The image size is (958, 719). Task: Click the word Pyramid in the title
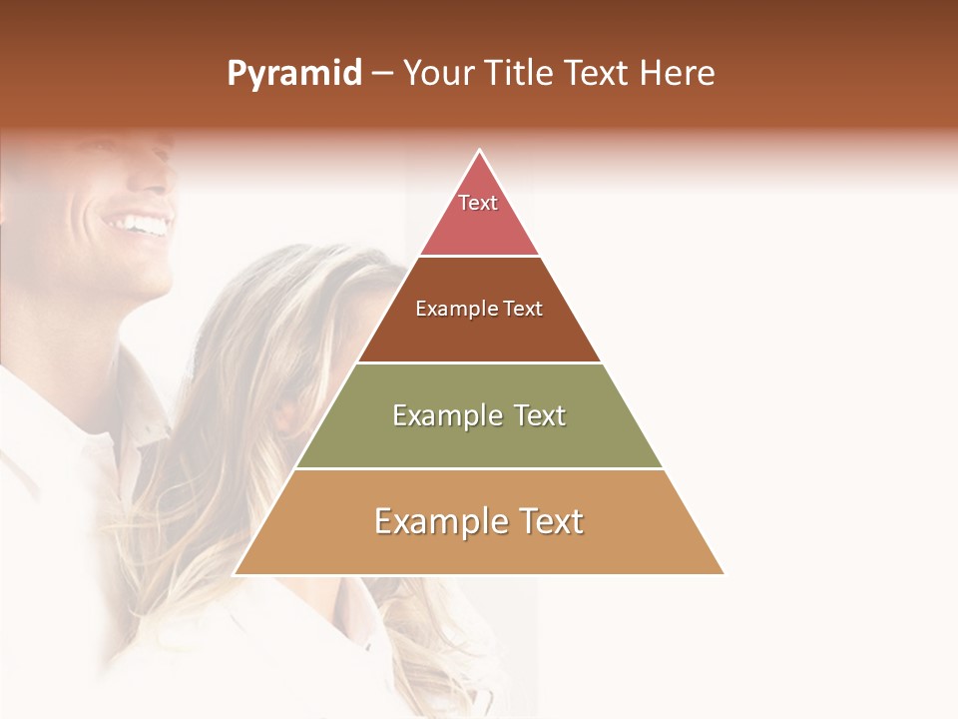pyautogui.click(x=293, y=74)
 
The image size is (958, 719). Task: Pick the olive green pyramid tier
pyautogui.click(x=479, y=439)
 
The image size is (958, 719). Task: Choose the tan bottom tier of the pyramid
pyautogui.click(x=479, y=549)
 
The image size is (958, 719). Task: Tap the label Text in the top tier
pyautogui.click(x=478, y=203)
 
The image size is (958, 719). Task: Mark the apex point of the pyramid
pyautogui.click(x=480, y=151)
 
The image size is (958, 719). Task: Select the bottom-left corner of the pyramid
pyautogui.click(x=235, y=573)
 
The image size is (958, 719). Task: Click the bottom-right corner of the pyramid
pyautogui.click(x=723, y=573)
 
